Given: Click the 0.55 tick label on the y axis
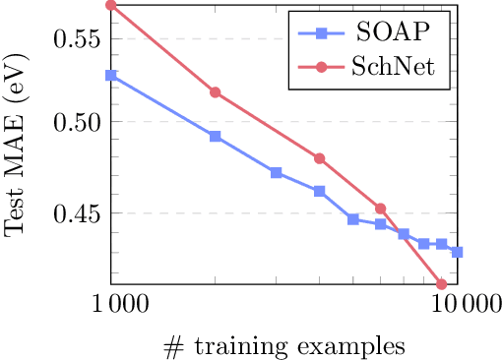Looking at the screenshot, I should point(76,39).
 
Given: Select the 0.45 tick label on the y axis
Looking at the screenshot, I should point(76,212).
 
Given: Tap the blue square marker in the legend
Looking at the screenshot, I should point(320,32).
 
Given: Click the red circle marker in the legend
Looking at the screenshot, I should point(320,65).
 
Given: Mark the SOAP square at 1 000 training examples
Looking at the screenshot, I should point(111,75).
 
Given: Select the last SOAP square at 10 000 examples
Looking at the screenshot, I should point(458,253).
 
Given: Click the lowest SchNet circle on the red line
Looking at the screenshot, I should point(442,284).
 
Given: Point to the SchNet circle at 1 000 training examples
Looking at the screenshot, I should point(111,5).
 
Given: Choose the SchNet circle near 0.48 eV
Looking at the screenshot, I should point(319,158).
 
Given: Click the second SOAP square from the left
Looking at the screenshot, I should point(216,137).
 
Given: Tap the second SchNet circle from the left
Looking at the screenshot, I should point(216,92).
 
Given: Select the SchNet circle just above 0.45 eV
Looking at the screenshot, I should point(380,209).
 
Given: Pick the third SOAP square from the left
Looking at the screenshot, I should point(277,172).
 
